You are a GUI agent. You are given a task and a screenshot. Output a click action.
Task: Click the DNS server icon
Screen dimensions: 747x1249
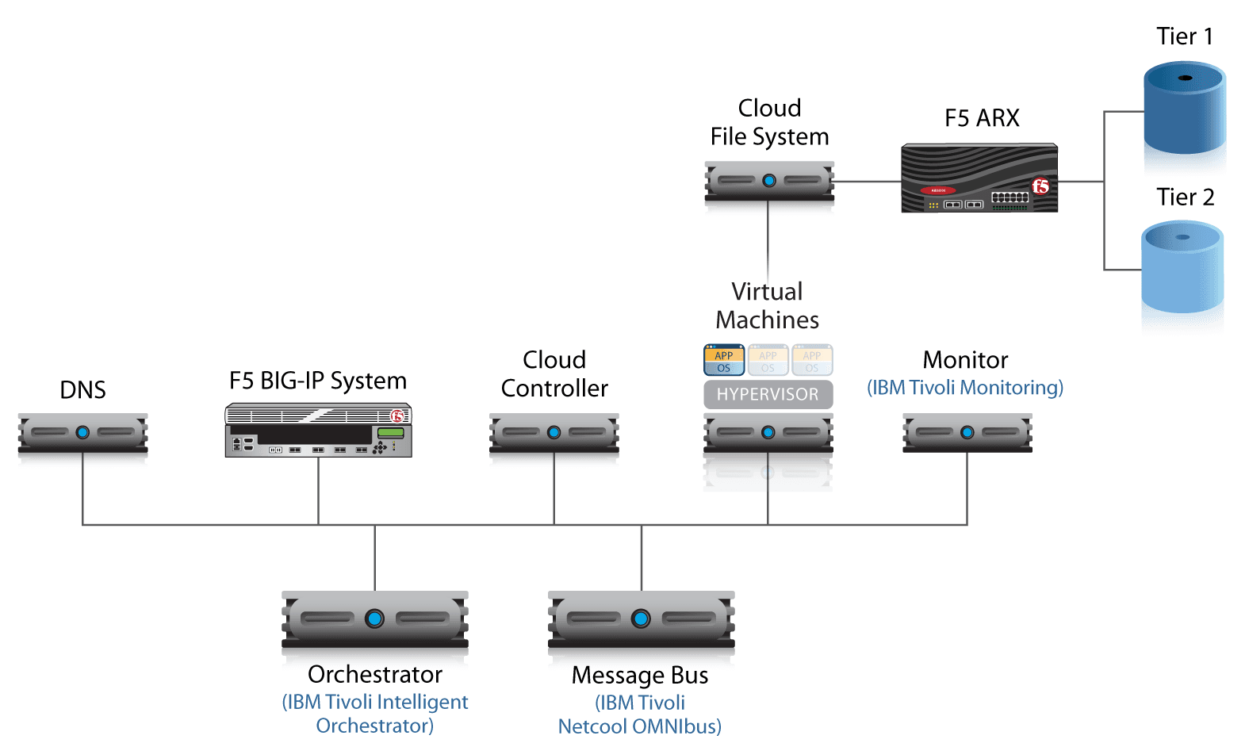tap(82, 433)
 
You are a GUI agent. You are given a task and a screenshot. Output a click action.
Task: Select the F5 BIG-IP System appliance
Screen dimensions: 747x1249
tap(318, 431)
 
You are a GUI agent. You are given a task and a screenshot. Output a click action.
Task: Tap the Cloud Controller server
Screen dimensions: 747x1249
tap(554, 433)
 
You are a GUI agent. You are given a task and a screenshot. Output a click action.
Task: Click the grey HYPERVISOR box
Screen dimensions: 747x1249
tap(768, 394)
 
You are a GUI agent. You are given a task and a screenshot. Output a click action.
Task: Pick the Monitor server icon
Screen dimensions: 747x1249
tap(967, 433)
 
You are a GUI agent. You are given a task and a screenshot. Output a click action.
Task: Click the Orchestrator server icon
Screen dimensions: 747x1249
tap(374, 619)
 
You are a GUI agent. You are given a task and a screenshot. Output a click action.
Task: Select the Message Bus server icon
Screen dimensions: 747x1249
tap(641, 619)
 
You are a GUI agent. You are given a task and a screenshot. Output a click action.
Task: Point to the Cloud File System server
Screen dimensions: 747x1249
tap(768, 181)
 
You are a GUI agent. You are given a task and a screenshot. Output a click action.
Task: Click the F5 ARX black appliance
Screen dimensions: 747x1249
tap(979, 178)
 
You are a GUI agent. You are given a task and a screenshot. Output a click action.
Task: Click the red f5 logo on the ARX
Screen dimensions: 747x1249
tap(1040, 186)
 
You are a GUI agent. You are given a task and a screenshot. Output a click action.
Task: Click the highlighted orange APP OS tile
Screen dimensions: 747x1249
tap(723, 361)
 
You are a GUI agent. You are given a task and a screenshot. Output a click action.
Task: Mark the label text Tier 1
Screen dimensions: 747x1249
tap(1184, 36)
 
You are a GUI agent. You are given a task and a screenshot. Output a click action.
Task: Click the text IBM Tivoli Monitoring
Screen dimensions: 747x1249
tap(964, 388)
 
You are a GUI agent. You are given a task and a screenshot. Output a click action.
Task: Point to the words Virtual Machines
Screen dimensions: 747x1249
tap(767, 305)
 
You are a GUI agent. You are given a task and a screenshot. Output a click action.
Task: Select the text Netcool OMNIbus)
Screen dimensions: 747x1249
tap(639, 726)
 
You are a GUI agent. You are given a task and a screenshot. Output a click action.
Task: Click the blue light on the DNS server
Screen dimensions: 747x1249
tap(82, 433)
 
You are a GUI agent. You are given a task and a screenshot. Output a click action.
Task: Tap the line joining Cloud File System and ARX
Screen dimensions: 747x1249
tap(868, 182)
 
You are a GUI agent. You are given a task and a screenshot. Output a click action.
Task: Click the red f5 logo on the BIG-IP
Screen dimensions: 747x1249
tap(397, 416)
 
